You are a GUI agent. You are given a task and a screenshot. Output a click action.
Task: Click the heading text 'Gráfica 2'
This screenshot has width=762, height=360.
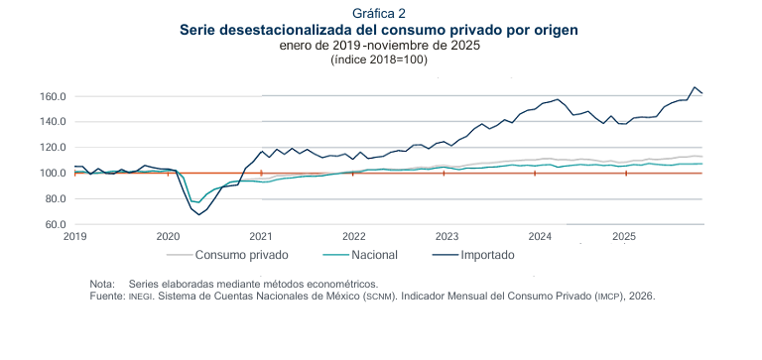pyautogui.click(x=380, y=13)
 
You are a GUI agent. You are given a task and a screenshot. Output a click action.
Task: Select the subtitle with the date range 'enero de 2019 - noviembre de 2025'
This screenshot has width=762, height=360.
pyautogui.click(x=380, y=46)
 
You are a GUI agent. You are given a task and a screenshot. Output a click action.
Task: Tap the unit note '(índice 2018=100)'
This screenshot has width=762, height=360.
pyautogui.click(x=380, y=60)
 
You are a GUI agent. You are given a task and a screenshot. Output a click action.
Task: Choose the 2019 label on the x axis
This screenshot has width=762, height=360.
pyautogui.click(x=75, y=237)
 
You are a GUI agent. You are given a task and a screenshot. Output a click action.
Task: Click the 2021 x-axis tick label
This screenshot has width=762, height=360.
pyautogui.click(x=261, y=237)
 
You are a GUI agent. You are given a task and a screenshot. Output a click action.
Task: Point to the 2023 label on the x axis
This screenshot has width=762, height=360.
pyautogui.click(x=445, y=237)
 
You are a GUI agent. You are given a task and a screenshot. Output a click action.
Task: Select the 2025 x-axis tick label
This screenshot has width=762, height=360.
pyautogui.click(x=624, y=237)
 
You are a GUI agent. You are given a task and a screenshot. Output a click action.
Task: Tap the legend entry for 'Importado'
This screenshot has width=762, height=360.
pyautogui.click(x=487, y=255)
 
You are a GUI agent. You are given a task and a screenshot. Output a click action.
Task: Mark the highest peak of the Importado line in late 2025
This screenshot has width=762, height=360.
pyautogui.click(x=695, y=87)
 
